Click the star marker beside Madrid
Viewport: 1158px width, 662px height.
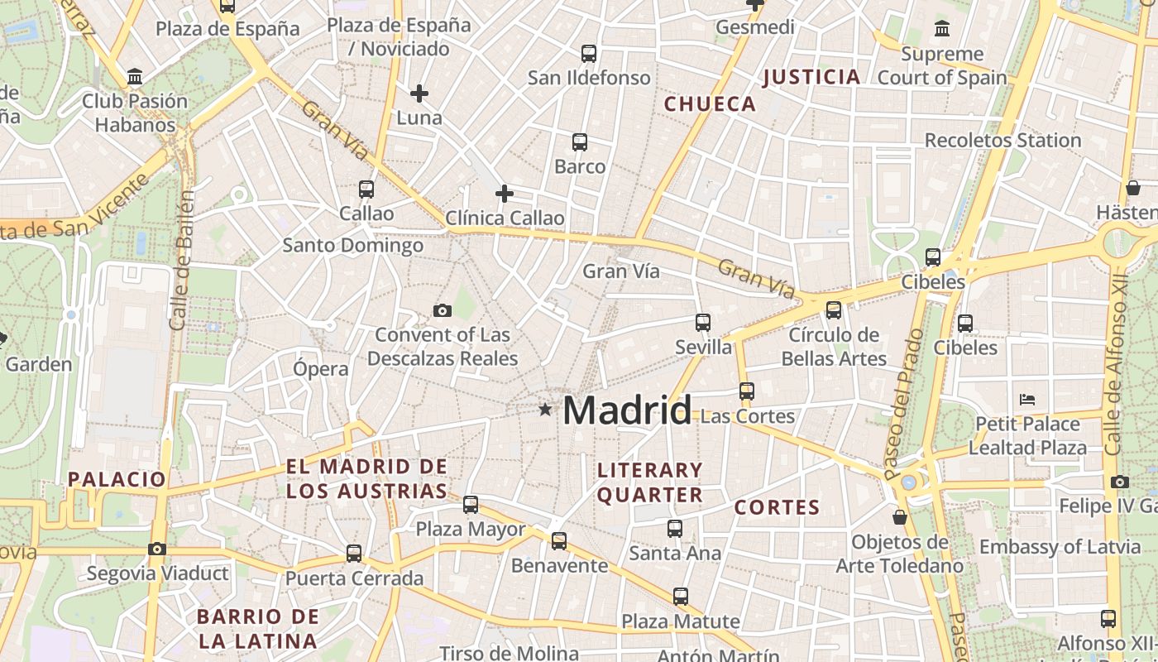pos(544,409)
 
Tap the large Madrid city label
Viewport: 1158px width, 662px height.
pos(627,410)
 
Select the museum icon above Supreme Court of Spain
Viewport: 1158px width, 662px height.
pos(941,30)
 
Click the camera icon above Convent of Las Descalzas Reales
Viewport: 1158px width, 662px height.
pos(443,310)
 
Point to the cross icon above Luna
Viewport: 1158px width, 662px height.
pos(419,94)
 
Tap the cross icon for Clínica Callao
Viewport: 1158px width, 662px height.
pos(504,194)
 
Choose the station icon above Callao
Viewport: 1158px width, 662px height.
pos(366,189)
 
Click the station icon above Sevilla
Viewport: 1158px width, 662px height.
pos(703,322)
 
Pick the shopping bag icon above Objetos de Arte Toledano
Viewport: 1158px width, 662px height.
pos(900,517)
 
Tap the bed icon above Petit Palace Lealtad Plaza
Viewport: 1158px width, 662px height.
pos(1027,400)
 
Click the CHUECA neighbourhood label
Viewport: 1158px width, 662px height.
pos(710,103)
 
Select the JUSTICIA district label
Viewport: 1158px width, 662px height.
pos(811,77)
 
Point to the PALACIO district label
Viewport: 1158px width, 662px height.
pos(117,478)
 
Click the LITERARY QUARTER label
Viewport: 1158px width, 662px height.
pos(650,482)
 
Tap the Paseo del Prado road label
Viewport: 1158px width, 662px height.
pos(902,405)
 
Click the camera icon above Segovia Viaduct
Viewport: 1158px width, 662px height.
pos(157,549)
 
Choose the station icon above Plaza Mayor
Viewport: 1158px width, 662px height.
pos(471,504)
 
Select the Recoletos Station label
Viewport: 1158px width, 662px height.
pos(1002,140)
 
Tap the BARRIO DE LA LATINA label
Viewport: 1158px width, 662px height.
pos(258,628)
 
